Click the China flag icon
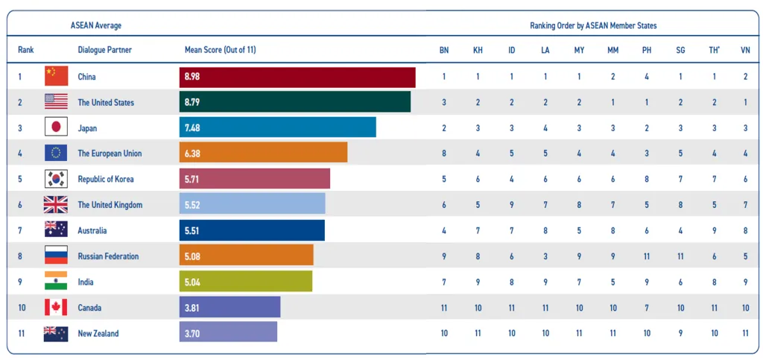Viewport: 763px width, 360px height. click(x=56, y=76)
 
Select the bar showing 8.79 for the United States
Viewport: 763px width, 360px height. click(x=295, y=102)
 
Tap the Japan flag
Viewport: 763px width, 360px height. click(x=56, y=127)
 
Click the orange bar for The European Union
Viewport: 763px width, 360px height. click(x=263, y=153)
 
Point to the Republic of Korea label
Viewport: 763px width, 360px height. click(x=110, y=179)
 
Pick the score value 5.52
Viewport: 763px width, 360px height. click(x=192, y=205)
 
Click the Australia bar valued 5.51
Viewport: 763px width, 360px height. click(x=252, y=230)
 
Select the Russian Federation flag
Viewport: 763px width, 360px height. click(x=56, y=256)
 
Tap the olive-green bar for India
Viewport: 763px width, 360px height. click(x=246, y=282)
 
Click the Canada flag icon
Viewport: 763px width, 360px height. click(x=56, y=307)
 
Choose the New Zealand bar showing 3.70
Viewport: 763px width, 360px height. click(x=228, y=333)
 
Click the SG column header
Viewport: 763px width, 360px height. click(x=680, y=50)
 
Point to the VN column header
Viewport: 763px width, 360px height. click(x=745, y=50)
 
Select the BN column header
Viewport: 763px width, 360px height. click(x=444, y=50)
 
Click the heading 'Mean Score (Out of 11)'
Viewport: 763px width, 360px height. click(x=220, y=50)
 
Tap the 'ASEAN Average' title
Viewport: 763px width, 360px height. click(x=96, y=25)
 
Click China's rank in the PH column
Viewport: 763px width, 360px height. click(x=647, y=76)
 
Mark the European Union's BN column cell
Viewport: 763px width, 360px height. click(x=444, y=153)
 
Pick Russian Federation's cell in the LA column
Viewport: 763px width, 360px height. click(x=545, y=256)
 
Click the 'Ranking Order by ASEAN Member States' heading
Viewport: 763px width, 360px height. click(x=593, y=25)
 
